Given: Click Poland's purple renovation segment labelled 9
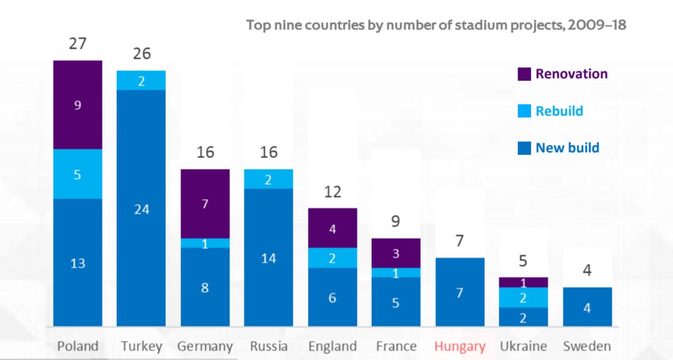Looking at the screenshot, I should click(78, 105).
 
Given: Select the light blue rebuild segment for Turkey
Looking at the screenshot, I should click(141, 80).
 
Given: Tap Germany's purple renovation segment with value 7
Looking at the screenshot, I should click(205, 204).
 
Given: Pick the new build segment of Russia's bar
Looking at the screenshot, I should click(269, 257).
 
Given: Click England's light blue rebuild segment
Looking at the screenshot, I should click(333, 258).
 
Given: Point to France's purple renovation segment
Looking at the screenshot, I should click(396, 253).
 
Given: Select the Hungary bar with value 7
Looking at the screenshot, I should click(460, 292).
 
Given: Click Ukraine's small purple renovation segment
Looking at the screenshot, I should click(523, 282).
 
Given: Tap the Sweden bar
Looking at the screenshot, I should click(587, 307).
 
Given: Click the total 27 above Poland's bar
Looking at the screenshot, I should click(78, 44).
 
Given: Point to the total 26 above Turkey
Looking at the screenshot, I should click(141, 54).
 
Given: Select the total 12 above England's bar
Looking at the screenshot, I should click(333, 192).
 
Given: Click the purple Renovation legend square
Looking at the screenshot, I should click(524, 74).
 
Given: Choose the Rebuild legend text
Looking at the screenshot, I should click(559, 111).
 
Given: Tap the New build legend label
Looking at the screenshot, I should click(567, 148).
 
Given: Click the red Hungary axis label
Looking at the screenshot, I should click(460, 345).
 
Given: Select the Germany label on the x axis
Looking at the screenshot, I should click(205, 346).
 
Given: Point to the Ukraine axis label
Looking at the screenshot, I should click(523, 345).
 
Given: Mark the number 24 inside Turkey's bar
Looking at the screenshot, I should click(141, 209).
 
